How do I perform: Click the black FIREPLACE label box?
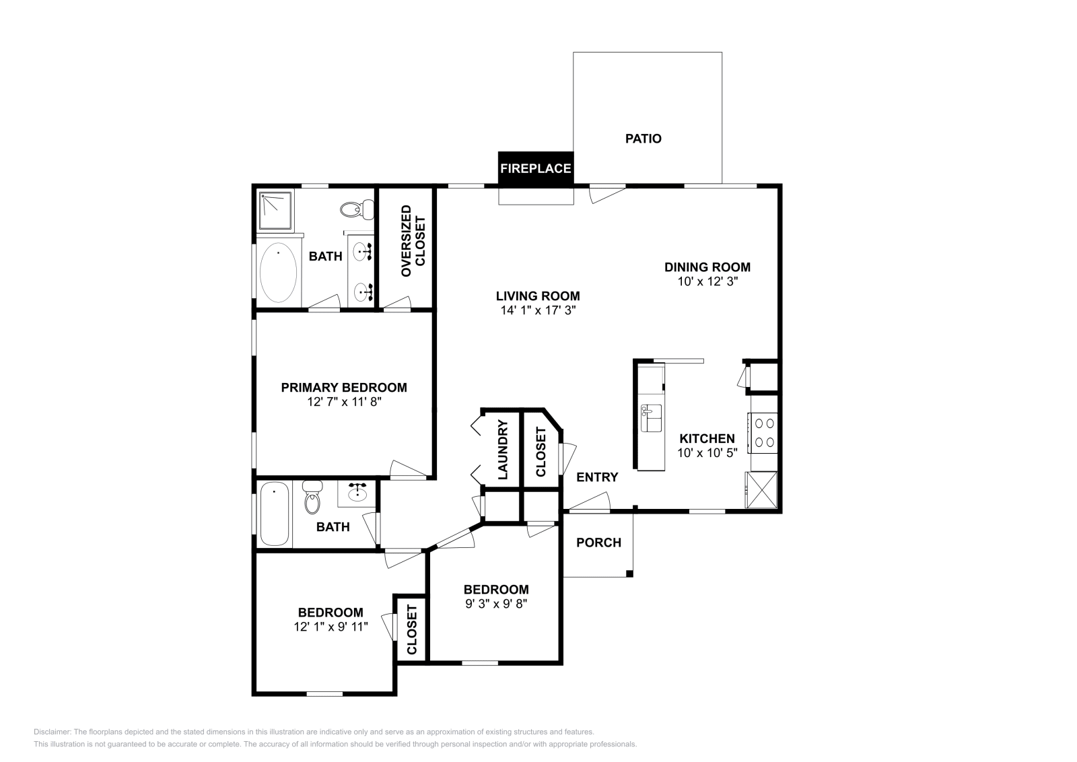pos(535,168)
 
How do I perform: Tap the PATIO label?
pos(644,139)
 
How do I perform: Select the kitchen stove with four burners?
pos(764,433)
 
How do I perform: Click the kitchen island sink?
pos(651,418)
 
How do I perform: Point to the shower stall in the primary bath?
pos(276,210)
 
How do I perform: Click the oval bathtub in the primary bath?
pos(278,273)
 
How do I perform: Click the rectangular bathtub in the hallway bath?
pos(274,514)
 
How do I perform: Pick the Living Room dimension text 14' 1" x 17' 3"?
pos(537,310)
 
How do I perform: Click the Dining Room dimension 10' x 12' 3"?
pos(708,281)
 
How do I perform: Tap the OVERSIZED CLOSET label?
pos(413,241)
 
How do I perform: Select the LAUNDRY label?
pos(502,450)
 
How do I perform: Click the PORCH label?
pos(598,543)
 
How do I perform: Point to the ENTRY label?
pos(597,477)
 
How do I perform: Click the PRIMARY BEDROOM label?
pos(343,388)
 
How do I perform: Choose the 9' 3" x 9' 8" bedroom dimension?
pos(496,604)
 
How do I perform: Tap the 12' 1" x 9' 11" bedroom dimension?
pos(331,627)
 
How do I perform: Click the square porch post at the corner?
pos(629,574)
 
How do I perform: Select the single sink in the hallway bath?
pos(357,495)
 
